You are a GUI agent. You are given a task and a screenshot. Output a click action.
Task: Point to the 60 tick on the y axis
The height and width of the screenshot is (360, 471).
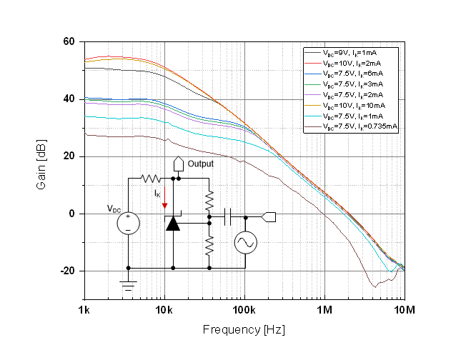(69, 41)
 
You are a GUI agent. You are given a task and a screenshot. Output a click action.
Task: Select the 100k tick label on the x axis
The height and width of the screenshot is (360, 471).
(244, 311)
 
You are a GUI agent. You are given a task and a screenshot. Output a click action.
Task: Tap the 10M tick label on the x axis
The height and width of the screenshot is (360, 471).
(404, 311)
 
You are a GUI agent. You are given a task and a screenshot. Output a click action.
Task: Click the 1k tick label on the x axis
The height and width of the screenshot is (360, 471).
(84, 311)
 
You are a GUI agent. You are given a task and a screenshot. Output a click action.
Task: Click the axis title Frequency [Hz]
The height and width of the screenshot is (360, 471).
(244, 330)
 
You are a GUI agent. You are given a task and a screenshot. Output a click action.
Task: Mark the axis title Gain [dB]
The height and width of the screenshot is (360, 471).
(41, 170)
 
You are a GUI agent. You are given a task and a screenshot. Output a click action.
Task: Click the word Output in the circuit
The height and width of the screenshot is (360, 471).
(200, 164)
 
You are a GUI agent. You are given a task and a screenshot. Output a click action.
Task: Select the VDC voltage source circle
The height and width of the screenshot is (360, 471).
(128, 223)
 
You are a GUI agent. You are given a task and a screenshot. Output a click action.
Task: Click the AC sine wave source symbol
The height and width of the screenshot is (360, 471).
(246, 244)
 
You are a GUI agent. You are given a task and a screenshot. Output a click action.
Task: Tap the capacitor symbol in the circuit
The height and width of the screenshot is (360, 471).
(228, 216)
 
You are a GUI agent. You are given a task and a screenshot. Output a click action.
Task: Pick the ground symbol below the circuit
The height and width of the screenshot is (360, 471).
(128, 286)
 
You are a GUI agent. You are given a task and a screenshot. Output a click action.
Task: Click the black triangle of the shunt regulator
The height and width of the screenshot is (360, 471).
(173, 224)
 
